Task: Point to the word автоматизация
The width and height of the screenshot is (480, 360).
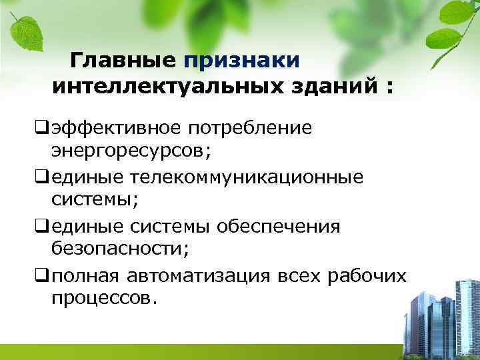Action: (199, 276)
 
